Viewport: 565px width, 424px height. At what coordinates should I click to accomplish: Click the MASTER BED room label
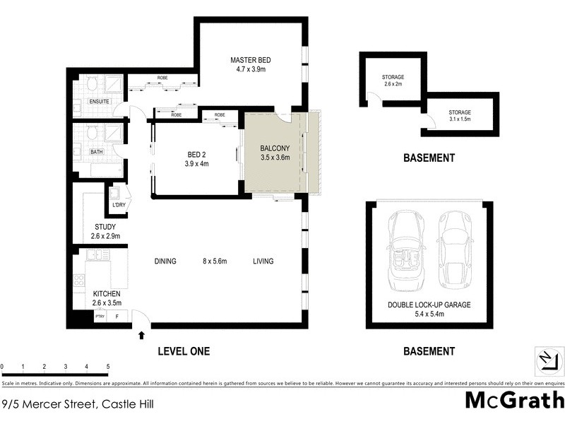point(251,59)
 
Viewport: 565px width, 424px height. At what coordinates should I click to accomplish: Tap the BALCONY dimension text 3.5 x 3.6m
point(275,158)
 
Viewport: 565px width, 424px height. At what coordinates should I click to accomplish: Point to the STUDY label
point(105,227)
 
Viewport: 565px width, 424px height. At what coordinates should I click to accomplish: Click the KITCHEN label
point(107,293)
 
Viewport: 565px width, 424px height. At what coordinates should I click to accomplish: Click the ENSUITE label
point(99,102)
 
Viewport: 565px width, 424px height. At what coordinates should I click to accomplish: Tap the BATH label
point(97,151)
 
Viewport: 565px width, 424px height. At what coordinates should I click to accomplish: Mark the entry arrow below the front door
point(143,336)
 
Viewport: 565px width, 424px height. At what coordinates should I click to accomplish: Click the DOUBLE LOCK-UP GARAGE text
point(428,305)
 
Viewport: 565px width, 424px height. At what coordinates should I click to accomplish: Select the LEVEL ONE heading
point(182,351)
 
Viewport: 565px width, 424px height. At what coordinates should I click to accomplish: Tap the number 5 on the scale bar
point(108,367)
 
